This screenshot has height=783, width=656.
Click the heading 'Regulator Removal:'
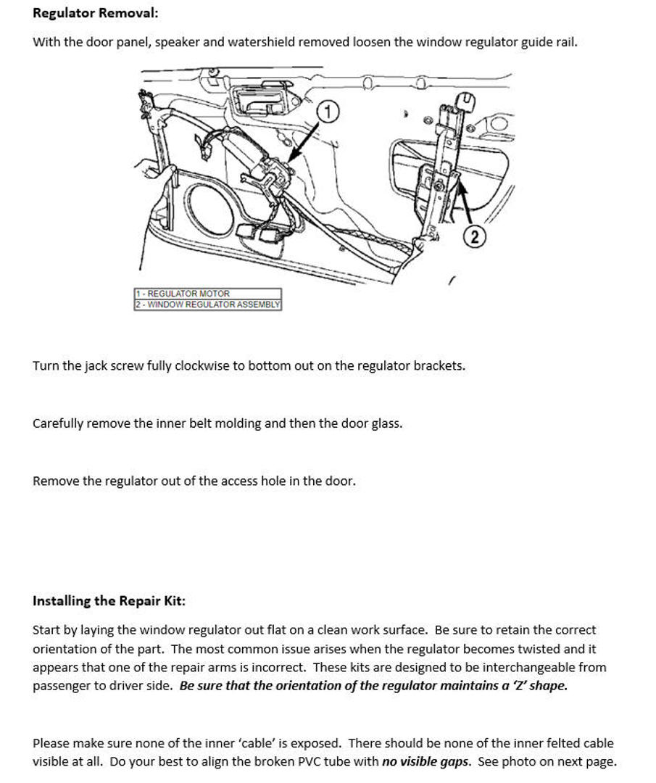point(95,13)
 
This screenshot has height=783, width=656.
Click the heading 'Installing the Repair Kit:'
point(109,600)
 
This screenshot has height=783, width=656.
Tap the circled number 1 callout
point(329,112)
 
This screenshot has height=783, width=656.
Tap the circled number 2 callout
point(473,237)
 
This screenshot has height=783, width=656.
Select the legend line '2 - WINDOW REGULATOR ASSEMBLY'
point(207,304)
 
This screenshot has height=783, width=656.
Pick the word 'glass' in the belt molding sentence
point(385,423)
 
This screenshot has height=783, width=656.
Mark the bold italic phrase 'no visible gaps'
point(426,761)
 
